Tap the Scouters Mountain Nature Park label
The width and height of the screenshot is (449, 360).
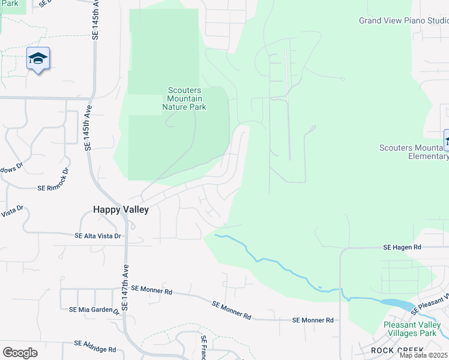[x=184, y=99]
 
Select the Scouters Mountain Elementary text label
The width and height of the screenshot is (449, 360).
[x=414, y=152]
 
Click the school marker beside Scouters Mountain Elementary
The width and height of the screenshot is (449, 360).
[x=447, y=141]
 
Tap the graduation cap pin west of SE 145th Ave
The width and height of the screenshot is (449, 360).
[x=38, y=59]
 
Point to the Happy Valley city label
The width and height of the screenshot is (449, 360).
[x=120, y=209]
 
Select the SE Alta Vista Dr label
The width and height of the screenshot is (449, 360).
[x=98, y=236]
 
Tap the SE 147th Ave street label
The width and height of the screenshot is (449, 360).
[x=125, y=289]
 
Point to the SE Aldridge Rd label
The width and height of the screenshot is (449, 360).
[x=95, y=346]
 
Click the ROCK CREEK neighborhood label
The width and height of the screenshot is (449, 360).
[x=397, y=350]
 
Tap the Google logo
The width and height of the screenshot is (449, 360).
[x=20, y=352]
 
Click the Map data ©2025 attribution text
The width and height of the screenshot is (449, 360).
[x=424, y=355]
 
